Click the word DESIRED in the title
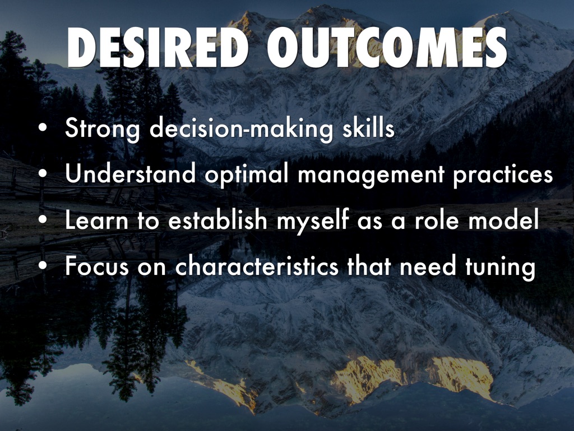pos(158,47)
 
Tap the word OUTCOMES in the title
pos(387,47)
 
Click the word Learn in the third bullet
pos(96,219)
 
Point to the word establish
pos(218,219)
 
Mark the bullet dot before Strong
pos(43,129)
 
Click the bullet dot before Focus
pos(43,266)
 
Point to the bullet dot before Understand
pos(43,175)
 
